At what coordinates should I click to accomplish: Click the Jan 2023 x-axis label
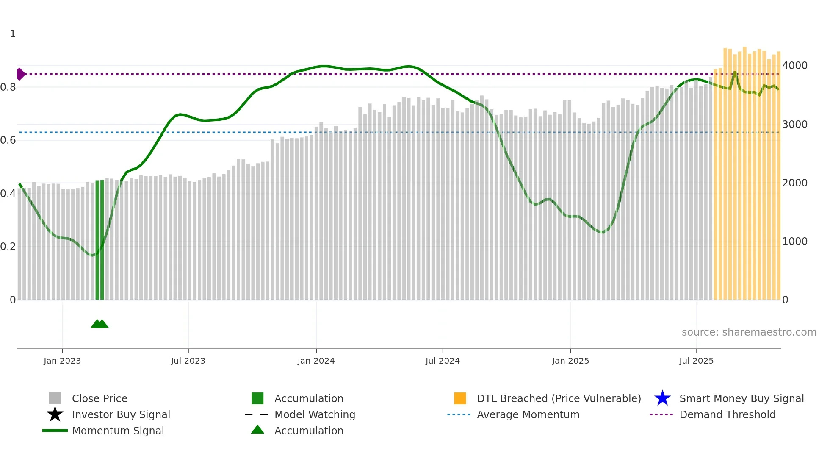(62, 361)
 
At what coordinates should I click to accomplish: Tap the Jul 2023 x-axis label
(188, 361)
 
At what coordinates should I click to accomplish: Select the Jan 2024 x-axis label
(316, 361)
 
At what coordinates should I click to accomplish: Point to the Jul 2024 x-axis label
(443, 361)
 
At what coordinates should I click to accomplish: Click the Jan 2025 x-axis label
(570, 361)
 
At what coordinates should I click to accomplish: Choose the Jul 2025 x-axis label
(696, 361)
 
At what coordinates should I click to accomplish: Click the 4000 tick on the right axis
(795, 66)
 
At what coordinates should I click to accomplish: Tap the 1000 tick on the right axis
(795, 242)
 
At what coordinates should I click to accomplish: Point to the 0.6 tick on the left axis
(8, 140)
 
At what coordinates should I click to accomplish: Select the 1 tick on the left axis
(13, 34)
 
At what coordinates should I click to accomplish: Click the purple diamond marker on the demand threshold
(20, 74)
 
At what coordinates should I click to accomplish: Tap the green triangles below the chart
(100, 324)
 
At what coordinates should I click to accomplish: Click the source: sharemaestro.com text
(749, 332)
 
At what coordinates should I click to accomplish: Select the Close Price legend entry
(100, 398)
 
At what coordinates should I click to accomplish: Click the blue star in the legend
(662, 398)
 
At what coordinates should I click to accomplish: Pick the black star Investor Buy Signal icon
(55, 414)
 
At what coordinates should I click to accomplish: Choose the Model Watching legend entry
(315, 414)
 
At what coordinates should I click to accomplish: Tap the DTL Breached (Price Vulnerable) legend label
(559, 398)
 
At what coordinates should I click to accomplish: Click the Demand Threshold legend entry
(727, 414)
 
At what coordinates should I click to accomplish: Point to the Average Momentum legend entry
(528, 414)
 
